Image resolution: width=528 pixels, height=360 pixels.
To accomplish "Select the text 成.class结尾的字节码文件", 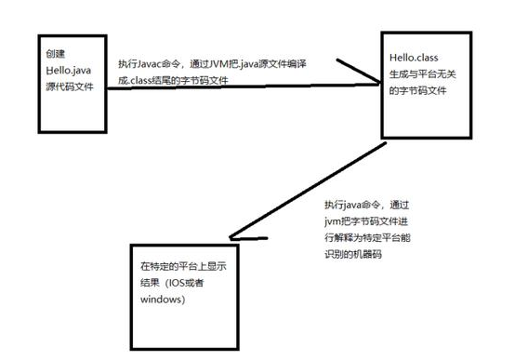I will click(174, 81).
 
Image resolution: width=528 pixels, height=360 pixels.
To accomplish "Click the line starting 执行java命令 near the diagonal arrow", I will click(361, 203).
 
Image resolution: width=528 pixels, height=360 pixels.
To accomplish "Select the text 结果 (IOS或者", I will click(177, 284).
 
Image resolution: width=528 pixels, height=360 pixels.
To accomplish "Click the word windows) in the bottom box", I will click(163, 300).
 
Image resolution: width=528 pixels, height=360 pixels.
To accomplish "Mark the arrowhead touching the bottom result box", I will click(251, 238).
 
